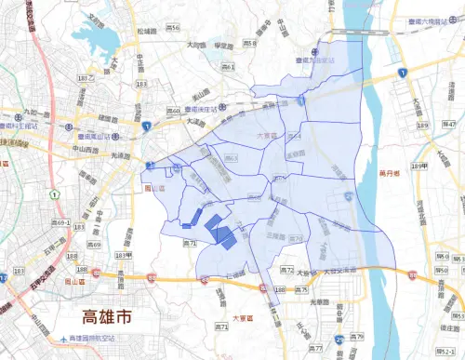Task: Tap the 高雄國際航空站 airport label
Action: tap(93, 340)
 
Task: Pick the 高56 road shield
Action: tap(173, 29)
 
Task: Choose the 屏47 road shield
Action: tap(449, 123)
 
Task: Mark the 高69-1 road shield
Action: tap(63, 223)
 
